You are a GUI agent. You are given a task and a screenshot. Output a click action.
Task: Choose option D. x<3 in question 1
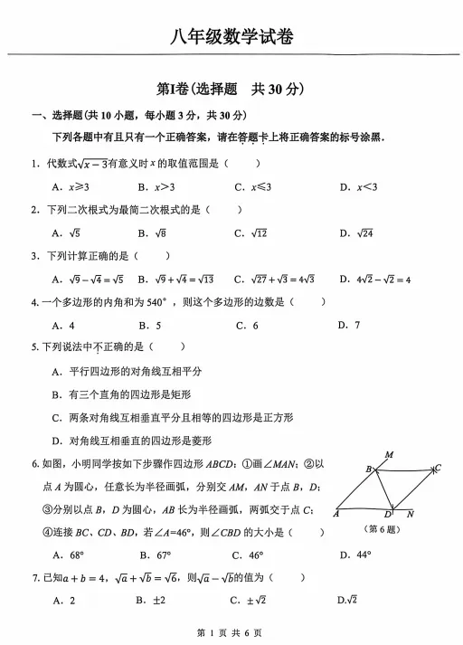click(358, 187)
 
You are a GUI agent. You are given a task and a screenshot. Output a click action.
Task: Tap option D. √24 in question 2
click(358, 233)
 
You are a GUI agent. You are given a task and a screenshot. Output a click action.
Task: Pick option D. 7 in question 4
click(348, 325)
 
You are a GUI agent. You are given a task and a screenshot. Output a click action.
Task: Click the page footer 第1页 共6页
click(230, 632)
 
